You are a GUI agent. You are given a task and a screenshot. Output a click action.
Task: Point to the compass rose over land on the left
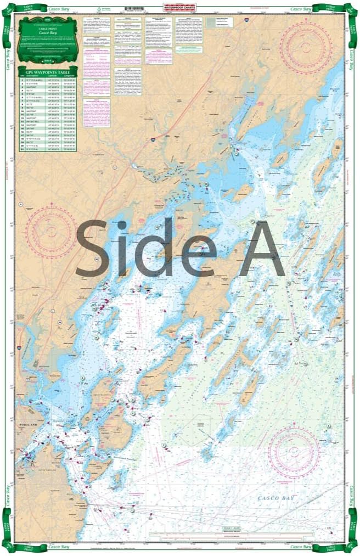(x=50, y=231)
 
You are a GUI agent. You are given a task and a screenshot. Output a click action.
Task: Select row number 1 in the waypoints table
(x=22, y=80)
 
